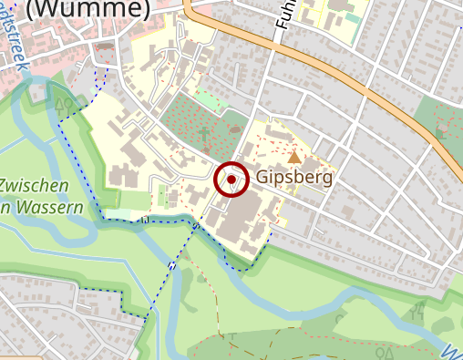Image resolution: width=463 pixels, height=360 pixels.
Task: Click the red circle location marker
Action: [231, 180]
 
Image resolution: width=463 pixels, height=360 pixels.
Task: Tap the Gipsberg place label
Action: [294, 177]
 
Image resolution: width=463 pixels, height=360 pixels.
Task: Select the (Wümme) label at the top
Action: [88, 9]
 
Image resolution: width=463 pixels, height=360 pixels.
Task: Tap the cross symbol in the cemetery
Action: [204, 136]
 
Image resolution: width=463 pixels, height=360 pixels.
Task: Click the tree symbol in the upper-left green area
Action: [63, 104]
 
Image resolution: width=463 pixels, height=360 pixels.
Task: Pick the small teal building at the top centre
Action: [352, 18]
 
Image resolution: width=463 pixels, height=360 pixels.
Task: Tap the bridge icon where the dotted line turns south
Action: [145, 220]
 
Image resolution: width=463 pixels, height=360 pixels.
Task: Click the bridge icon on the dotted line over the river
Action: [173, 264]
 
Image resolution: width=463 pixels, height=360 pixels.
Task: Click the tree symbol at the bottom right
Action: [387, 350]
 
